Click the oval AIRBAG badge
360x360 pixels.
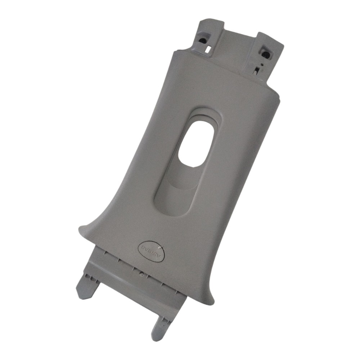152,251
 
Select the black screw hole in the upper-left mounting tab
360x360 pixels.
203,41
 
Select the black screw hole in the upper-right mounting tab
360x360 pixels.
265,55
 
